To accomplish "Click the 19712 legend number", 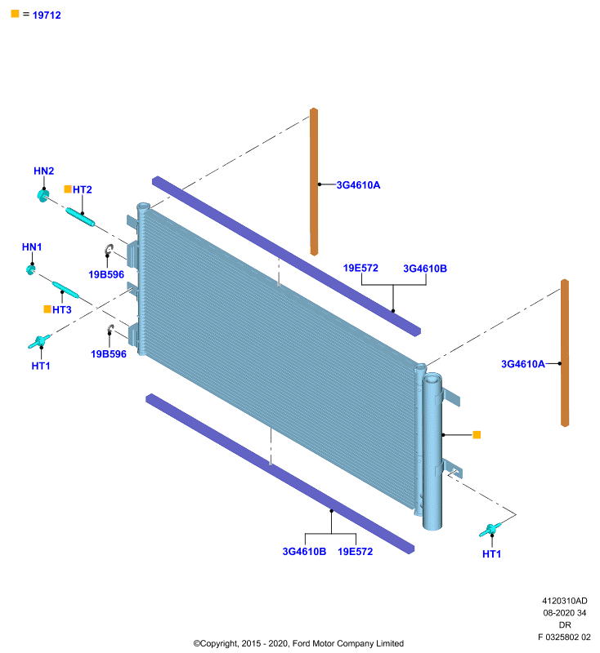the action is (x=47, y=16).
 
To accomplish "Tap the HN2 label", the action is (x=44, y=171).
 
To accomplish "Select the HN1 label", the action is (x=32, y=247).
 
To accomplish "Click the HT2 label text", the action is (x=82, y=190).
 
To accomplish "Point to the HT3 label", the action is (x=61, y=310).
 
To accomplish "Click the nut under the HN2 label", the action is (x=43, y=195).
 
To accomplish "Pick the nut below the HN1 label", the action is (x=30, y=269).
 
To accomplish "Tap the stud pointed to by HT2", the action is (x=80, y=217).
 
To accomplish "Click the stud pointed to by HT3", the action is (x=65, y=290).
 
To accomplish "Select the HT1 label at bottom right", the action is (x=491, y=554).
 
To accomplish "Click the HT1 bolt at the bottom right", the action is (x=489, y=530).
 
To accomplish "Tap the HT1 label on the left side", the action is (x=41, y=366).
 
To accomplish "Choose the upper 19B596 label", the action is (x=106, y=275).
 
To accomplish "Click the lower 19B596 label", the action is (x=109, y=354).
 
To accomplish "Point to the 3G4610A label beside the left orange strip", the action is (x=358, y=185).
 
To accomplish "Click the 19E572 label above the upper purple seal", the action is (x=360, y=269).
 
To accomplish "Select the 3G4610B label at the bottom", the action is (x=304, y=552).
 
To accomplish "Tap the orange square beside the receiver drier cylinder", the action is (x=477, y=435).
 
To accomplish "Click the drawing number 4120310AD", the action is (x=565, y=601).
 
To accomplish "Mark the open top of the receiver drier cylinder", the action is (x=432, y=379).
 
